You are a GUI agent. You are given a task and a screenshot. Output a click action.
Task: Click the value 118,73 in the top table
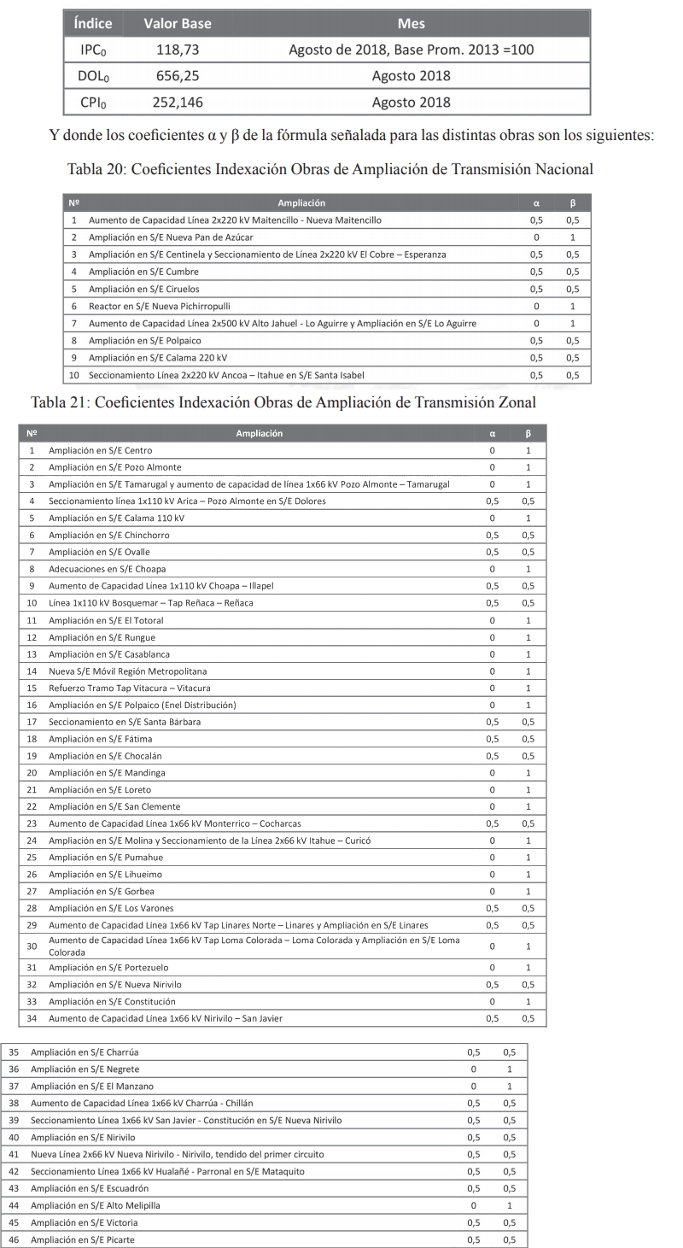[178, 50]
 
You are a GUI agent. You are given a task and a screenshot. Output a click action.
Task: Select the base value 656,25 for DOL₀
[178, 76]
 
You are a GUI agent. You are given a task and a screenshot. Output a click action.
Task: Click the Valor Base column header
[178, 23]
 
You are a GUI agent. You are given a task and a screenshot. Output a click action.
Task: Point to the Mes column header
[412, 23]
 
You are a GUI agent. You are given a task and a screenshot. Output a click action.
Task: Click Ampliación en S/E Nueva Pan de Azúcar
[160, 236]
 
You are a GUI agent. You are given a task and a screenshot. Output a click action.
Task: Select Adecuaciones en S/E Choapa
[107, 568]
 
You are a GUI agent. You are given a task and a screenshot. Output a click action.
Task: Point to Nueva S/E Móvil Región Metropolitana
[128, 671]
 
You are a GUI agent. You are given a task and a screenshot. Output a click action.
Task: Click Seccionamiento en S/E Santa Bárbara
[125, 722]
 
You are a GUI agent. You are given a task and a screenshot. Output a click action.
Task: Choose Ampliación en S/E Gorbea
[103, 890]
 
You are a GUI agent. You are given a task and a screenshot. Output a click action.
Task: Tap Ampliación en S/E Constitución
[112, 1001]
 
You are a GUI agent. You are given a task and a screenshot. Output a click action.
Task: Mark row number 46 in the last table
[13, 1239]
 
